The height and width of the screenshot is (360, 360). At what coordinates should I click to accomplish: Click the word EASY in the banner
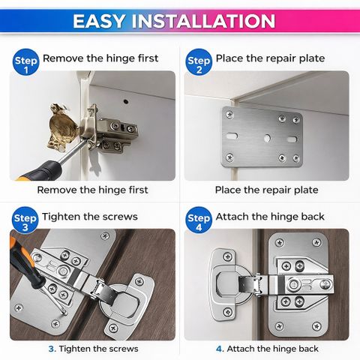click(99, 21)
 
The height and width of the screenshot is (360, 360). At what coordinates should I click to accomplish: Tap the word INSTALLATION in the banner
click(204, 21)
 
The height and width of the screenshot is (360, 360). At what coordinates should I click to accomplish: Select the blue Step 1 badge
click(26, 62)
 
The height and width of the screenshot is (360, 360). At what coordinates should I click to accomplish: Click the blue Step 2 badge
click(199, 62)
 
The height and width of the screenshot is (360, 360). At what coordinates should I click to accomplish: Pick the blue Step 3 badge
click(25, 220)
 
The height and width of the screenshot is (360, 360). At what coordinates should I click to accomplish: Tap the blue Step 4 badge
click(199, 220)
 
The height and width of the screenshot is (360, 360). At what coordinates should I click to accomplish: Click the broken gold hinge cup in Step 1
click(63, 128)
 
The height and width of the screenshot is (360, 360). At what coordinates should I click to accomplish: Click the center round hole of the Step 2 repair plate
click(267, 138)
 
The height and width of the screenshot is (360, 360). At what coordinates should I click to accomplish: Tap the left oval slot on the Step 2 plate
click(232, 136)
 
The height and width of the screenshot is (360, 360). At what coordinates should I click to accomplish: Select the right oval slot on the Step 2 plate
click(292, 139)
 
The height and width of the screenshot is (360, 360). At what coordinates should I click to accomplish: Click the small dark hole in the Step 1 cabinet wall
click(126, 101)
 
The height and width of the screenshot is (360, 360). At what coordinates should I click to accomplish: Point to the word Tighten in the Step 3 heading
click(61, 217)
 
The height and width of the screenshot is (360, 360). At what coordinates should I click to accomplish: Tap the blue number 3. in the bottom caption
click(52, 349)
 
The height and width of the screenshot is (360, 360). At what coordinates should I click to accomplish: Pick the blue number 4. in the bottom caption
click(220, 349)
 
